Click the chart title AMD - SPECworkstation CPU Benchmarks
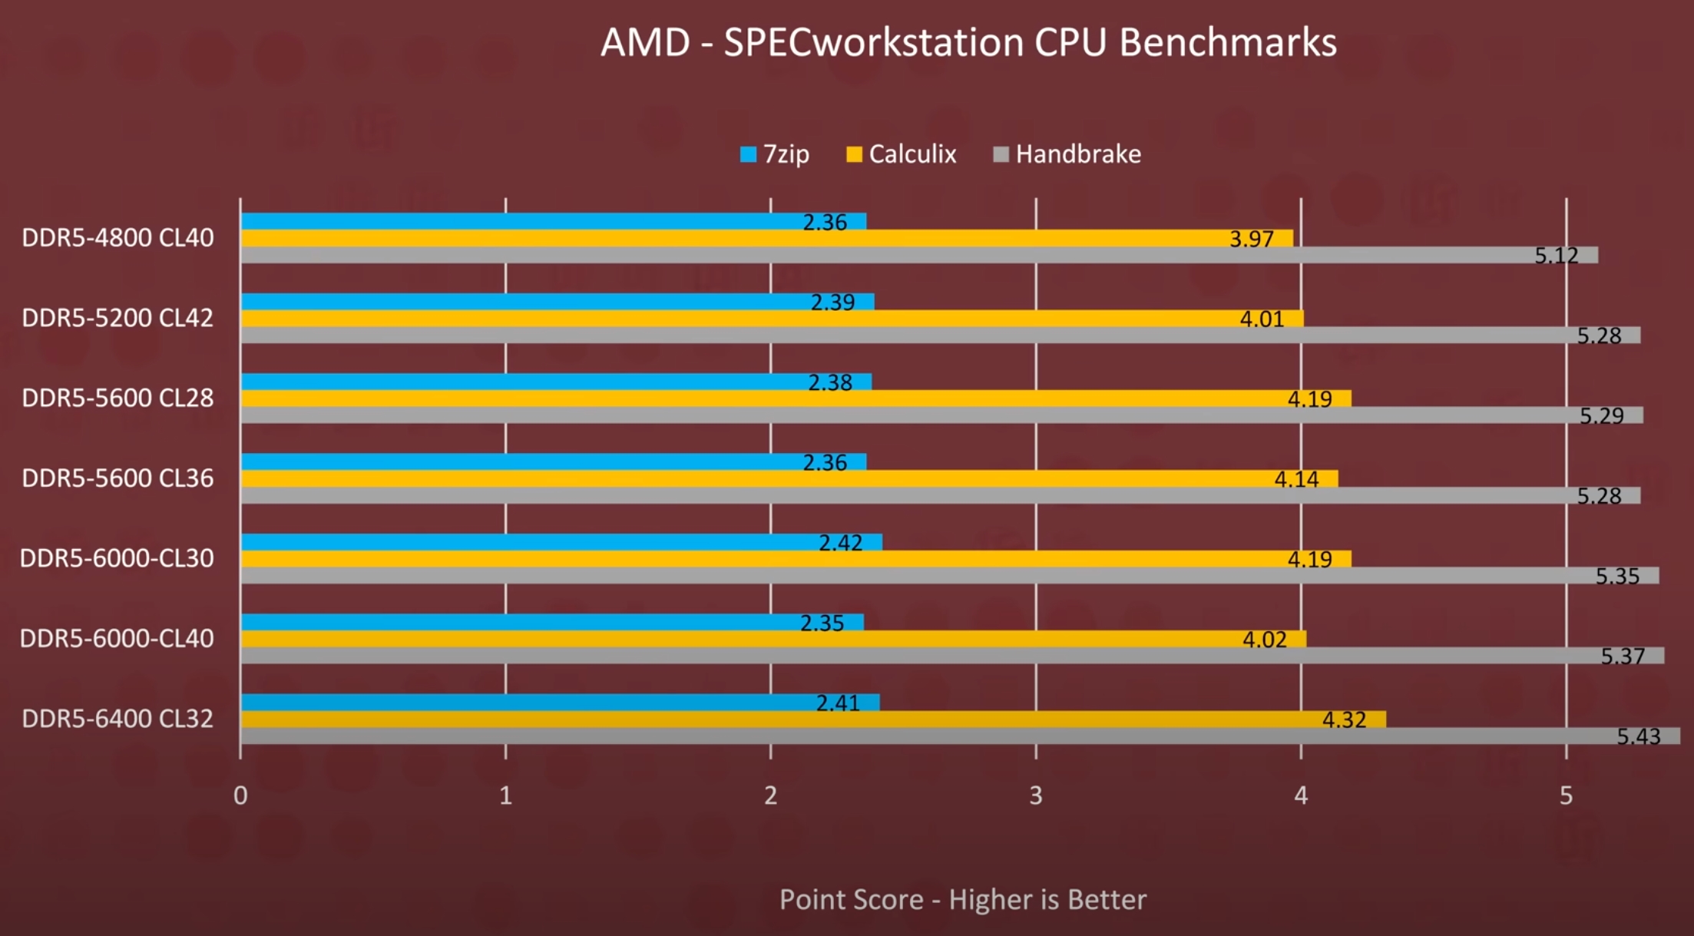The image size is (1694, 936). coord(968,42)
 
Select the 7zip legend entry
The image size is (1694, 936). coord(775,154)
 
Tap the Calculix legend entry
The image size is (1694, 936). coord(902,154)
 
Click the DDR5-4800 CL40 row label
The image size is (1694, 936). coord(117,238)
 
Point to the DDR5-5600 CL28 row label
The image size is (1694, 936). coord(117,398)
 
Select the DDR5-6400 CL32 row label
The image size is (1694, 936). coord(117,719)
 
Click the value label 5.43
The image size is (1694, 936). coord(1638,736)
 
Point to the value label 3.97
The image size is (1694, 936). coord(1251,239)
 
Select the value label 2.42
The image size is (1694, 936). coord(840,543)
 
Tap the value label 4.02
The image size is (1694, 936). coord(1264,640)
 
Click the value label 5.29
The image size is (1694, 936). coord(1601,415)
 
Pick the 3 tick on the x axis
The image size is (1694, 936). coord(1035,795)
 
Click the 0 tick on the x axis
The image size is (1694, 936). coord(240,795)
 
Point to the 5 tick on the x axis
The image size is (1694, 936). coord(1566,795)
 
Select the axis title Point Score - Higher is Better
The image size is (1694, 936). coord(962,899)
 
